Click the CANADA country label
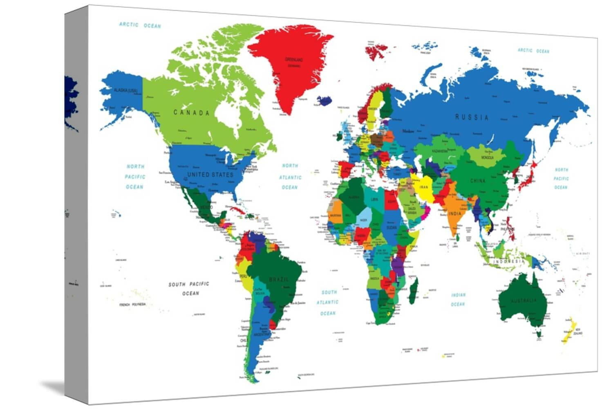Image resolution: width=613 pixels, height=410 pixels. coord(191,113)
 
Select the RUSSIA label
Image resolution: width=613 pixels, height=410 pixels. coord(472,117)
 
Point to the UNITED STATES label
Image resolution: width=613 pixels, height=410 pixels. coord(210,175)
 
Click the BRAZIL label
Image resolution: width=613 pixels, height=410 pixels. coord(279,280)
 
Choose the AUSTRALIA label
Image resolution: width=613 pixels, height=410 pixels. coord(524,301)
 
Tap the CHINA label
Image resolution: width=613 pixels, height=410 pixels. coord(477,181)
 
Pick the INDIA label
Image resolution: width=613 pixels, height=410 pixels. coord(454,213)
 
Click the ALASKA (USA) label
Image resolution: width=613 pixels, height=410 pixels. coord(125,90)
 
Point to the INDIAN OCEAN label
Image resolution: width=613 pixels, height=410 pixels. coord(458,300)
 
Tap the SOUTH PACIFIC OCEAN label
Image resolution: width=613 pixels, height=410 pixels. coord(189,288)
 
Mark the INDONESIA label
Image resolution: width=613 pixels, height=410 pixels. coord(508,261)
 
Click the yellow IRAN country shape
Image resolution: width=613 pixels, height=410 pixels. coord(424,189)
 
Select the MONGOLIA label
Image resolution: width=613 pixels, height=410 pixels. coord(487,157)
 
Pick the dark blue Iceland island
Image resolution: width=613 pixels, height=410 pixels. coord(324,101)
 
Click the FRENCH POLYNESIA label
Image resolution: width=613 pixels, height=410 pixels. coord(132,305)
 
